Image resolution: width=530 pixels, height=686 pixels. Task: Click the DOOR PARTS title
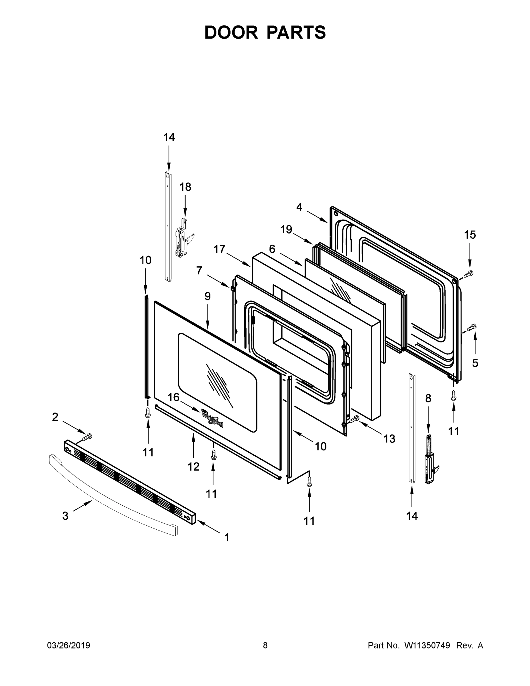point(265,33)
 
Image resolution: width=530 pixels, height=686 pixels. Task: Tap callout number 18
point(185,187)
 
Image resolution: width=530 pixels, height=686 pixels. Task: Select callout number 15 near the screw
point(470,235)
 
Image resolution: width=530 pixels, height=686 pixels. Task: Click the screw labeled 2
point(87,436)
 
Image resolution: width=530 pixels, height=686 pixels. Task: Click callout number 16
point(173,397)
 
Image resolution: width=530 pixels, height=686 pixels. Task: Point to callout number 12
point(193,467)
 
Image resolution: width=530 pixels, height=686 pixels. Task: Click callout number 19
point(286,230)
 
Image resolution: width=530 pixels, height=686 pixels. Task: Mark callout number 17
point(219,249)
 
